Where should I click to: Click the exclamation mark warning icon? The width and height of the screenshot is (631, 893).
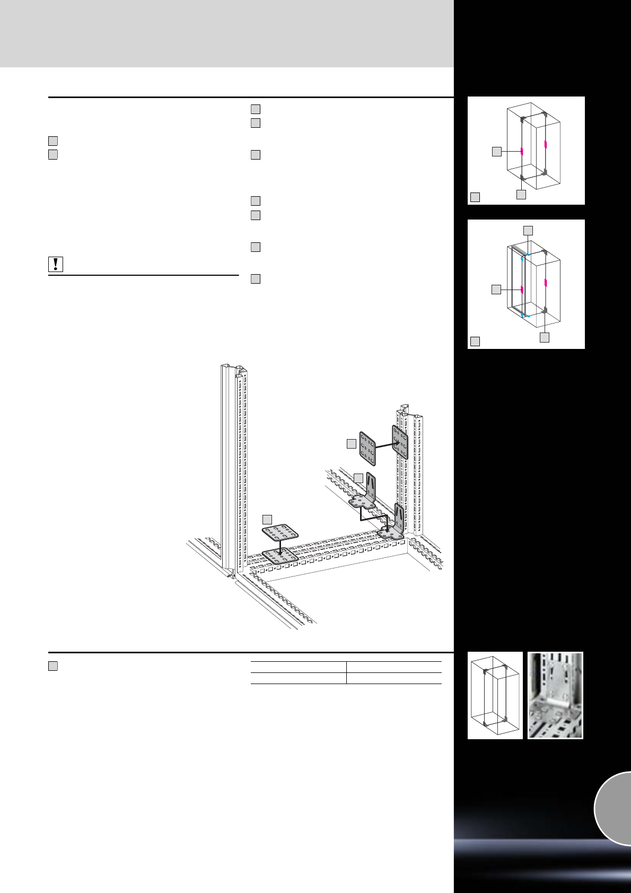coord(56,264)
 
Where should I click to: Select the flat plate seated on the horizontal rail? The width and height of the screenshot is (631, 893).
coord(279,557)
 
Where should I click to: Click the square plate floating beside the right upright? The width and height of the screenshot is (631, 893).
coord(367,446)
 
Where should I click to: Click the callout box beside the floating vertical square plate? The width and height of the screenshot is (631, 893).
coord(351,444)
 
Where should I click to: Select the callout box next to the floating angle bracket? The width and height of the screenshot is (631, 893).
coord(358,477)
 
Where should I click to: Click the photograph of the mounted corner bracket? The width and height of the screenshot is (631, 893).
coord(555,695)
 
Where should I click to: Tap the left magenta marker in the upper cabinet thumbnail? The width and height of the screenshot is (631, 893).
coord(522,151)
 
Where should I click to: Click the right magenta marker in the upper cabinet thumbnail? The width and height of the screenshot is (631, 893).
coord(545,145)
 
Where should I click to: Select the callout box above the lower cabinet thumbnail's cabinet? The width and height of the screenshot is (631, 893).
coord(528,230)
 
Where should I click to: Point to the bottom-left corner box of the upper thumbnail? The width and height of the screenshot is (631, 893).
coord(475,197)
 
